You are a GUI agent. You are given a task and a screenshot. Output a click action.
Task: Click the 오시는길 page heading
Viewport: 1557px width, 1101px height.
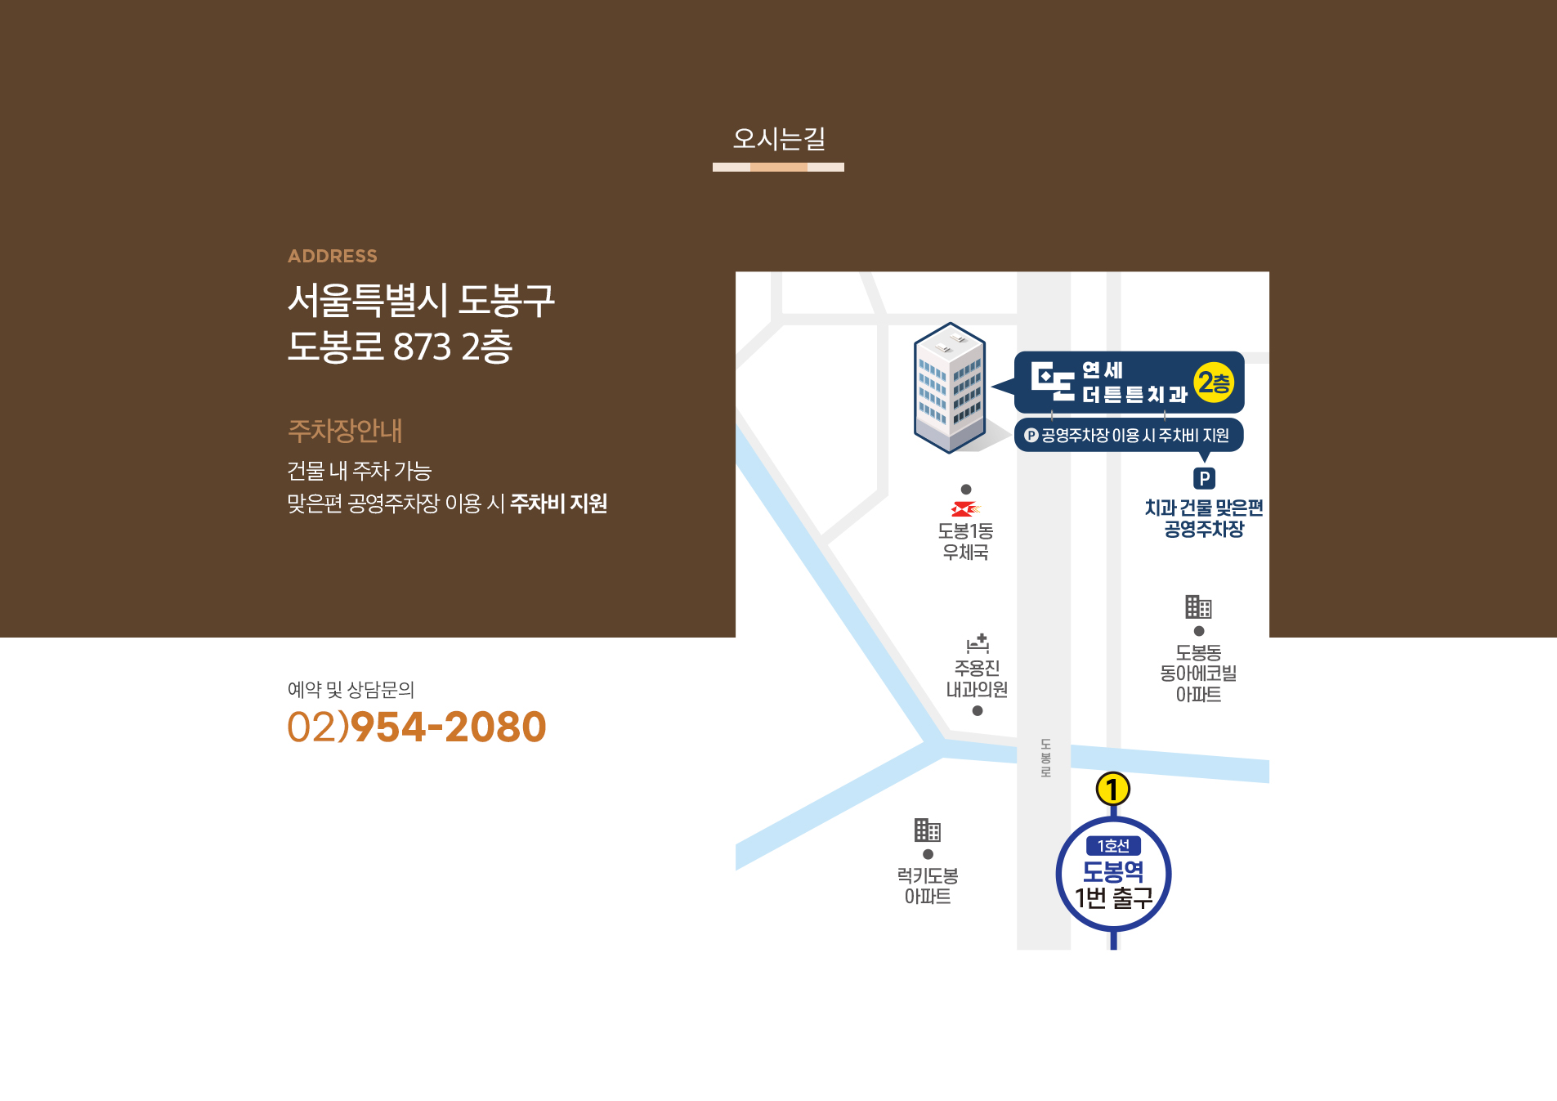click(x=778, y=139)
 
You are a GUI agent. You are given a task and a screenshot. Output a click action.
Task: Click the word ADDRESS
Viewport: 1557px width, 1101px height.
click(x=333, y=256)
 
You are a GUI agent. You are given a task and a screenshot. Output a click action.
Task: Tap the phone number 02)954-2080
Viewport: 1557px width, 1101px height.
click(x=417, y=727)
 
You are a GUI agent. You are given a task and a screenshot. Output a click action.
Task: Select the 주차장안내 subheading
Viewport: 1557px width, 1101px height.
click(x=345, y=431)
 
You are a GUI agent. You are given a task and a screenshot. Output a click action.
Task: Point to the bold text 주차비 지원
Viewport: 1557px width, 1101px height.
click(x=558, y=504)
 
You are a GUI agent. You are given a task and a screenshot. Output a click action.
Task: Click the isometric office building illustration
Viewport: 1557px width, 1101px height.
click(x=950, y=387)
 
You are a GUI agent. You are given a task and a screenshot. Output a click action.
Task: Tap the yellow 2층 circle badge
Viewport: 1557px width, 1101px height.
click(x=1214, y=383)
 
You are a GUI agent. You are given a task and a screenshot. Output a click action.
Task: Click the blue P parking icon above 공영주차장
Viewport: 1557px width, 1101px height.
click(x=1204, y=478)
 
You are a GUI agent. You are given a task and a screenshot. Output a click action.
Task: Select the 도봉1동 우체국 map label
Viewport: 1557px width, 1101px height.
click(x=965, y=541)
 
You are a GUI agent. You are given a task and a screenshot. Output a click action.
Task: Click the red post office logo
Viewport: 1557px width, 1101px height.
click(x=965, y=509)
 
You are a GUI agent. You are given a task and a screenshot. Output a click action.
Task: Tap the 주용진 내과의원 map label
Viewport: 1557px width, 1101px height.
click(x=977, y=678)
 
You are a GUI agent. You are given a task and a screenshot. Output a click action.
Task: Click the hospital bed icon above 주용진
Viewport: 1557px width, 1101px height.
click(x=978, y=643)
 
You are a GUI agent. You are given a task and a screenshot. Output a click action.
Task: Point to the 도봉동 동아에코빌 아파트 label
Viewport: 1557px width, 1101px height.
click(x=1198, y=674)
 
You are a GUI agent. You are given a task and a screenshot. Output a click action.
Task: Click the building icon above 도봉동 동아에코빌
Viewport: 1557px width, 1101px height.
click(x=1198, y=606)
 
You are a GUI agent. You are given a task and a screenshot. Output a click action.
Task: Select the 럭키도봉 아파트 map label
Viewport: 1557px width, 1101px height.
click(x=928, y=886)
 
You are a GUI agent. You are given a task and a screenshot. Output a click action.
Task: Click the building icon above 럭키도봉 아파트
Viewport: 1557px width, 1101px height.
click(x=928, y=830)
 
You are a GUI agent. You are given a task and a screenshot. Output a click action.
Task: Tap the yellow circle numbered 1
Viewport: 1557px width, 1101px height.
click(x=1112, y=790)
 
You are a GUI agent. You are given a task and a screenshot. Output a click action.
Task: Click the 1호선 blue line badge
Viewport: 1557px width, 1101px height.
click(x=1113, y=846)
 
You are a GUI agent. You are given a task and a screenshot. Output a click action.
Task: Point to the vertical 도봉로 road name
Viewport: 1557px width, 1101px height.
click(x=1045, y=758)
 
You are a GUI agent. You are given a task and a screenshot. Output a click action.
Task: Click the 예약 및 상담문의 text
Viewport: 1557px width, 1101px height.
click(x=351, y=690)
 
